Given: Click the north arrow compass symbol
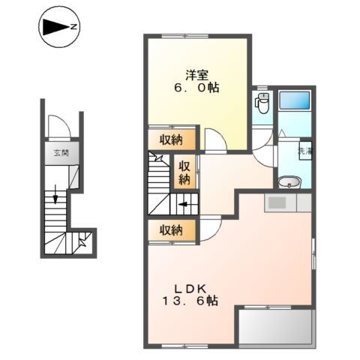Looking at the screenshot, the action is point(59,27).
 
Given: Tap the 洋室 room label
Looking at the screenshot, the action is point(197,75).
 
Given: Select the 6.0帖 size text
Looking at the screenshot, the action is point(196,88).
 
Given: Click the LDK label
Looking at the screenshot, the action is point(190,289).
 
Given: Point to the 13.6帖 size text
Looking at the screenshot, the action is point(190,301).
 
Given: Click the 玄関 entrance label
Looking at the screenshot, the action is point(61,152).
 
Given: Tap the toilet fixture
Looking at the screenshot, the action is point(262,103).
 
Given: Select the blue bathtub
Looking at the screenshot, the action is point(295,100).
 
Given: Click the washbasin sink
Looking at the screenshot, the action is point(289,181).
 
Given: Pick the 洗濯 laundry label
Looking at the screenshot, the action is point(304,151).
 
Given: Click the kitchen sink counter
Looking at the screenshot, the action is point(288,203).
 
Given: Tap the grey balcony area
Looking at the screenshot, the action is point(276,328).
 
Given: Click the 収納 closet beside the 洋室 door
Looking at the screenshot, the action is point(172,139).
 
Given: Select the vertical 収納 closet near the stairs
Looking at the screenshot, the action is point(184,173).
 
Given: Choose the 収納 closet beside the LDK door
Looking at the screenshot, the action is point(172,230).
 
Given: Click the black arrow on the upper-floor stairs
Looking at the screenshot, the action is point(183,205).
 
